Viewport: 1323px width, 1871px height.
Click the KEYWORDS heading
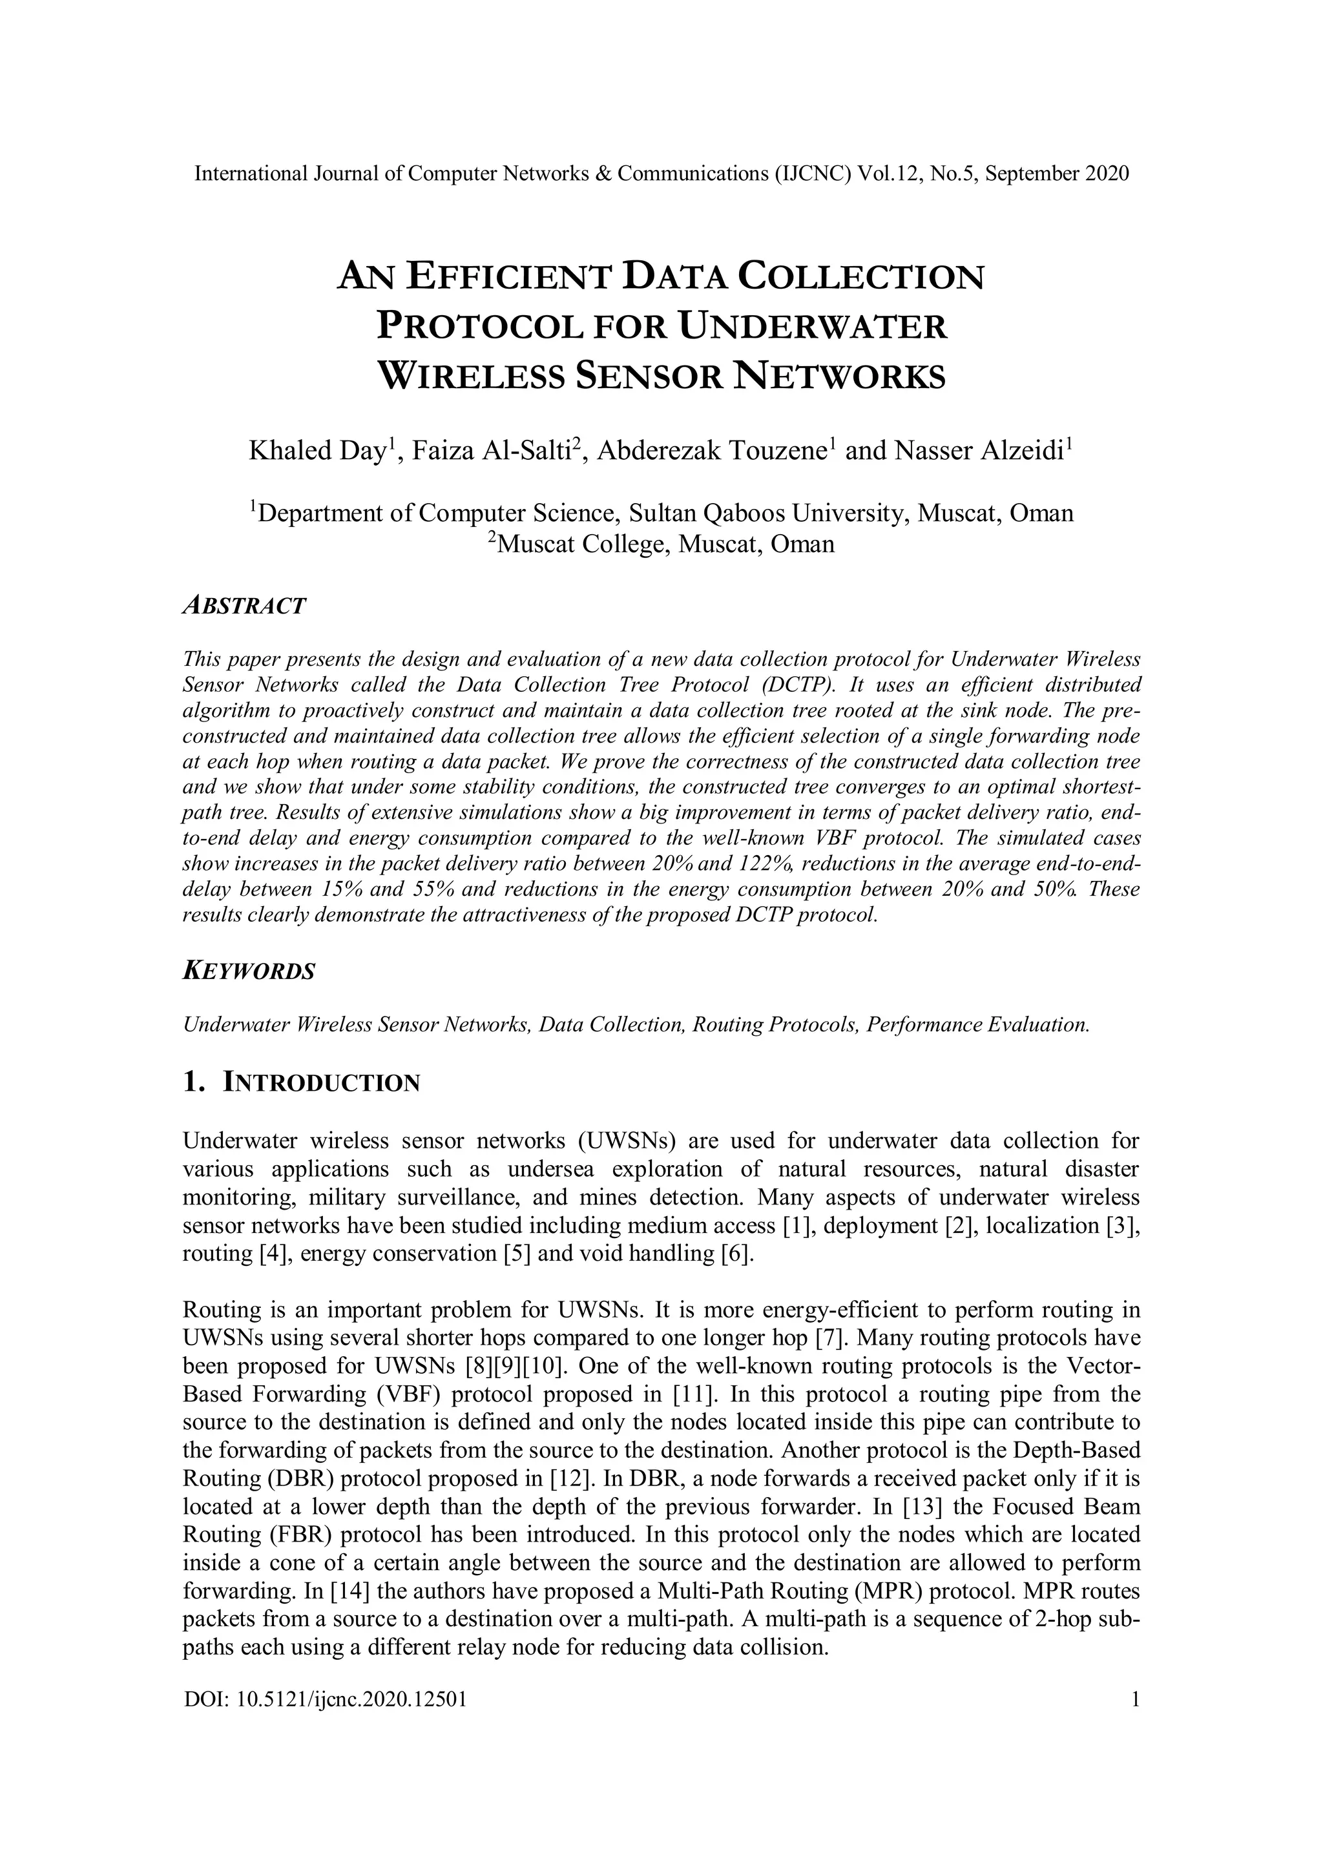(x=249, y=971)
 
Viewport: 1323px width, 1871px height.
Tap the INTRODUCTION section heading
(x=321, y=1083)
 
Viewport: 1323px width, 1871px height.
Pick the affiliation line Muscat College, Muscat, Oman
(x=664, y=544)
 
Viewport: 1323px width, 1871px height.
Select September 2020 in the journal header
(x=1057, y=174)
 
